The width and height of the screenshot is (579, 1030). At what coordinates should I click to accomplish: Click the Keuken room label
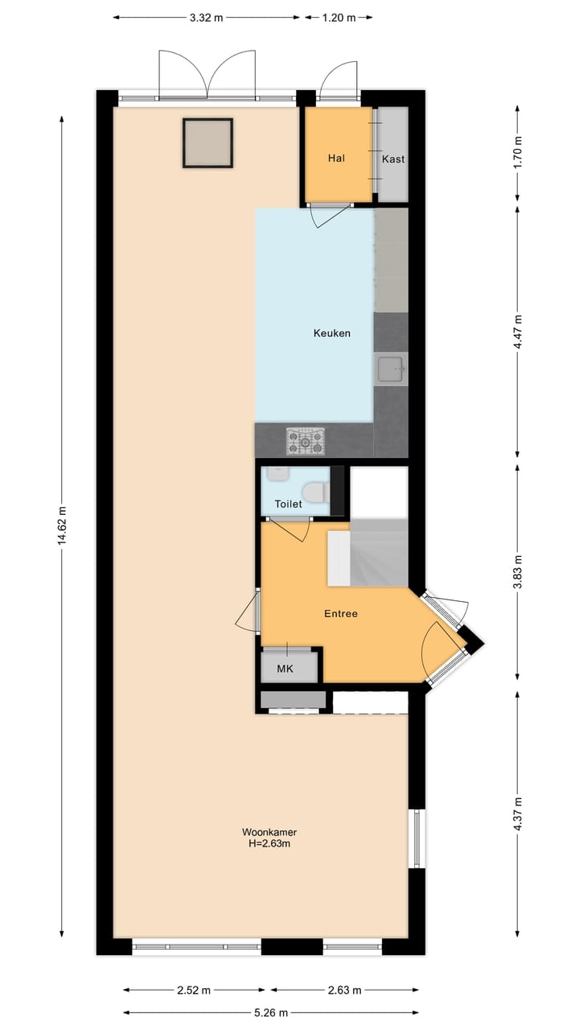(332, 333)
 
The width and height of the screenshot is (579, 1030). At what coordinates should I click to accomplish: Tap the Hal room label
(336, 159)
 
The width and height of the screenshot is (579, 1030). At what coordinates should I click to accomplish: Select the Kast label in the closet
(393, 159)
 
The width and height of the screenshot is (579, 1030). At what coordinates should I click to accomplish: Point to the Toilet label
(288, 505)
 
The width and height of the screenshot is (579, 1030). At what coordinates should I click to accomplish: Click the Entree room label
(340, 613)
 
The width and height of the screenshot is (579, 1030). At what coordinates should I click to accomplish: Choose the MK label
(285, 669)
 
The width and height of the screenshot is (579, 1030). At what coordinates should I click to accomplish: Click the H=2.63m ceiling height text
(264, 843)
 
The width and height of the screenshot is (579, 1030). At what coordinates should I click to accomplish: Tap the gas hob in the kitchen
(306, 440)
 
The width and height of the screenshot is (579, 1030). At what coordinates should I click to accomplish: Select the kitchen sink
(392, 370)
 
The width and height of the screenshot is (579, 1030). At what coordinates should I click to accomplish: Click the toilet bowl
(314, 491)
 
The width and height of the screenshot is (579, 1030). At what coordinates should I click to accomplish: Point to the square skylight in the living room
(207, 143)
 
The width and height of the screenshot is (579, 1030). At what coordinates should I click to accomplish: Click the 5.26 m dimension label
(271, 1012)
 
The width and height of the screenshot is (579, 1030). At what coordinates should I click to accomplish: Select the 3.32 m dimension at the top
(206, 18)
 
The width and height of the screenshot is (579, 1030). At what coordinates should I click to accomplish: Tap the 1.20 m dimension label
(339, 18)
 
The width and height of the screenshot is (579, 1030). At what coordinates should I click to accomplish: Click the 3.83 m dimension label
(517, 571)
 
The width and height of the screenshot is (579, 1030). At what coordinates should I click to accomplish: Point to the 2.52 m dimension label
(194, 990)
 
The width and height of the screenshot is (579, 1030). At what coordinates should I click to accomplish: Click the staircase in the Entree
(378, 554)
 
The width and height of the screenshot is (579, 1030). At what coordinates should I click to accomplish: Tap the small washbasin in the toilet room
(277, 475)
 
